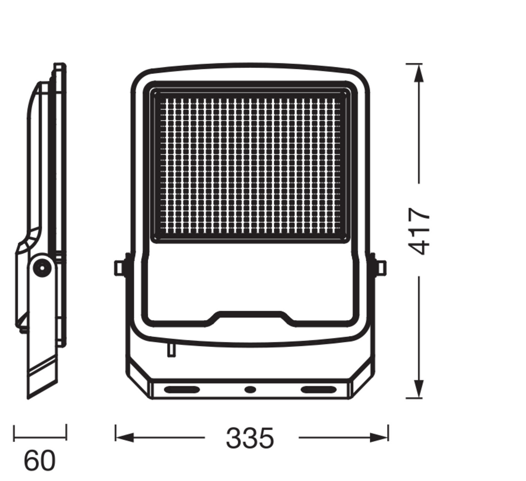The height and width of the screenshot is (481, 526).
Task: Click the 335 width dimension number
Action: click(x=250, y=438)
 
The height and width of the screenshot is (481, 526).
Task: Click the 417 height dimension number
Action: click(x=419, y=231)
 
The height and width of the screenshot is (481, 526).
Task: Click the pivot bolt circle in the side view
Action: click(x=42, y=268)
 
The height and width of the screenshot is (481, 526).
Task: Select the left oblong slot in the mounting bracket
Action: click(x=182, y=389)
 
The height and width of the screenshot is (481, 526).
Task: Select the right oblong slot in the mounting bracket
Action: click(x=318, y=389)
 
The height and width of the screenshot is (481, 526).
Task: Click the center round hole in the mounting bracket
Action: click(x=250, y=389)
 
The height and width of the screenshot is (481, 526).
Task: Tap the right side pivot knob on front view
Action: click(x=381, y=268)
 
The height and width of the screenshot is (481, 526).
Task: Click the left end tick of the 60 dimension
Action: click(x=14, y=433)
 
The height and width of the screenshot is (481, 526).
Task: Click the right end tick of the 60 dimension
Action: click(x=66, y=433)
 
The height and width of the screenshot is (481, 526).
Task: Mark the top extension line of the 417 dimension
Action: click(x=414, y=64)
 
